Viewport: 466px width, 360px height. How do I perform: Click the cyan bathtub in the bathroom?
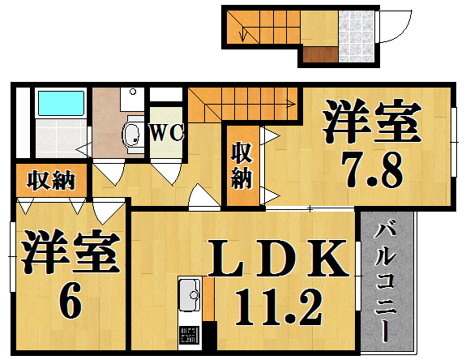click(x=61, y=103)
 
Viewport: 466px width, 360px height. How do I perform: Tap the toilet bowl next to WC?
click(x=131, y=134)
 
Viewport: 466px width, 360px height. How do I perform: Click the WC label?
click(x=167, y=133)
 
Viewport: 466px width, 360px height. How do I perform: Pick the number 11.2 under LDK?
click(x=278, y=308)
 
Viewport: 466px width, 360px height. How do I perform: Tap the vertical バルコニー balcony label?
click(x=386, y=280)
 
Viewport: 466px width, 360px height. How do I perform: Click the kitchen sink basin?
click(x=190, y=289)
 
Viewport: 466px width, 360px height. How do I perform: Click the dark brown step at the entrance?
click(x=319, y=55)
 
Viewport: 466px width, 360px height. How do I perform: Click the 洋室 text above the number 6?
click(x=70, y=255)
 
